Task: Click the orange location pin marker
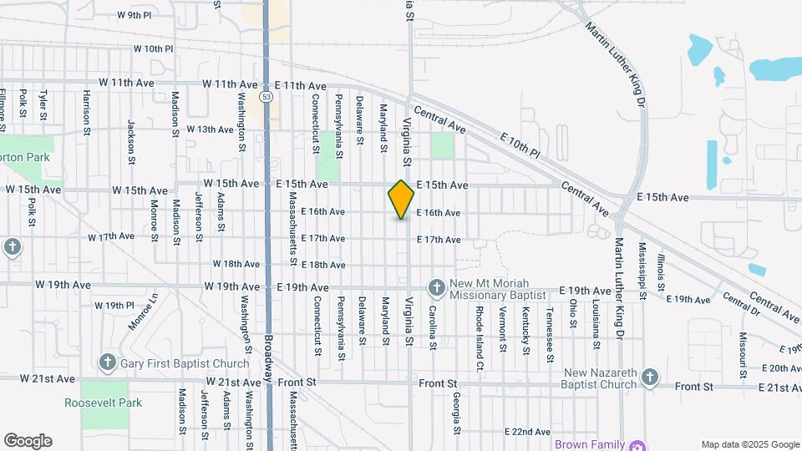(401, 200)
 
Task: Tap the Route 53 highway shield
(266, 97)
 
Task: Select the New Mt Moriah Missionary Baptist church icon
(436, 289)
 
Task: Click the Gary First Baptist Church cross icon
(107, 362)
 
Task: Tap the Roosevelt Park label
(104, 403)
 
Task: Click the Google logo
(28, 441)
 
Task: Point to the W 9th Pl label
(135, 15)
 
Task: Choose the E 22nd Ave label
(528, 431)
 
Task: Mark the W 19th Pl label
(114, 306)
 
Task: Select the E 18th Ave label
(322, 265)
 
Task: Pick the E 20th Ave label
(783, 367)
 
